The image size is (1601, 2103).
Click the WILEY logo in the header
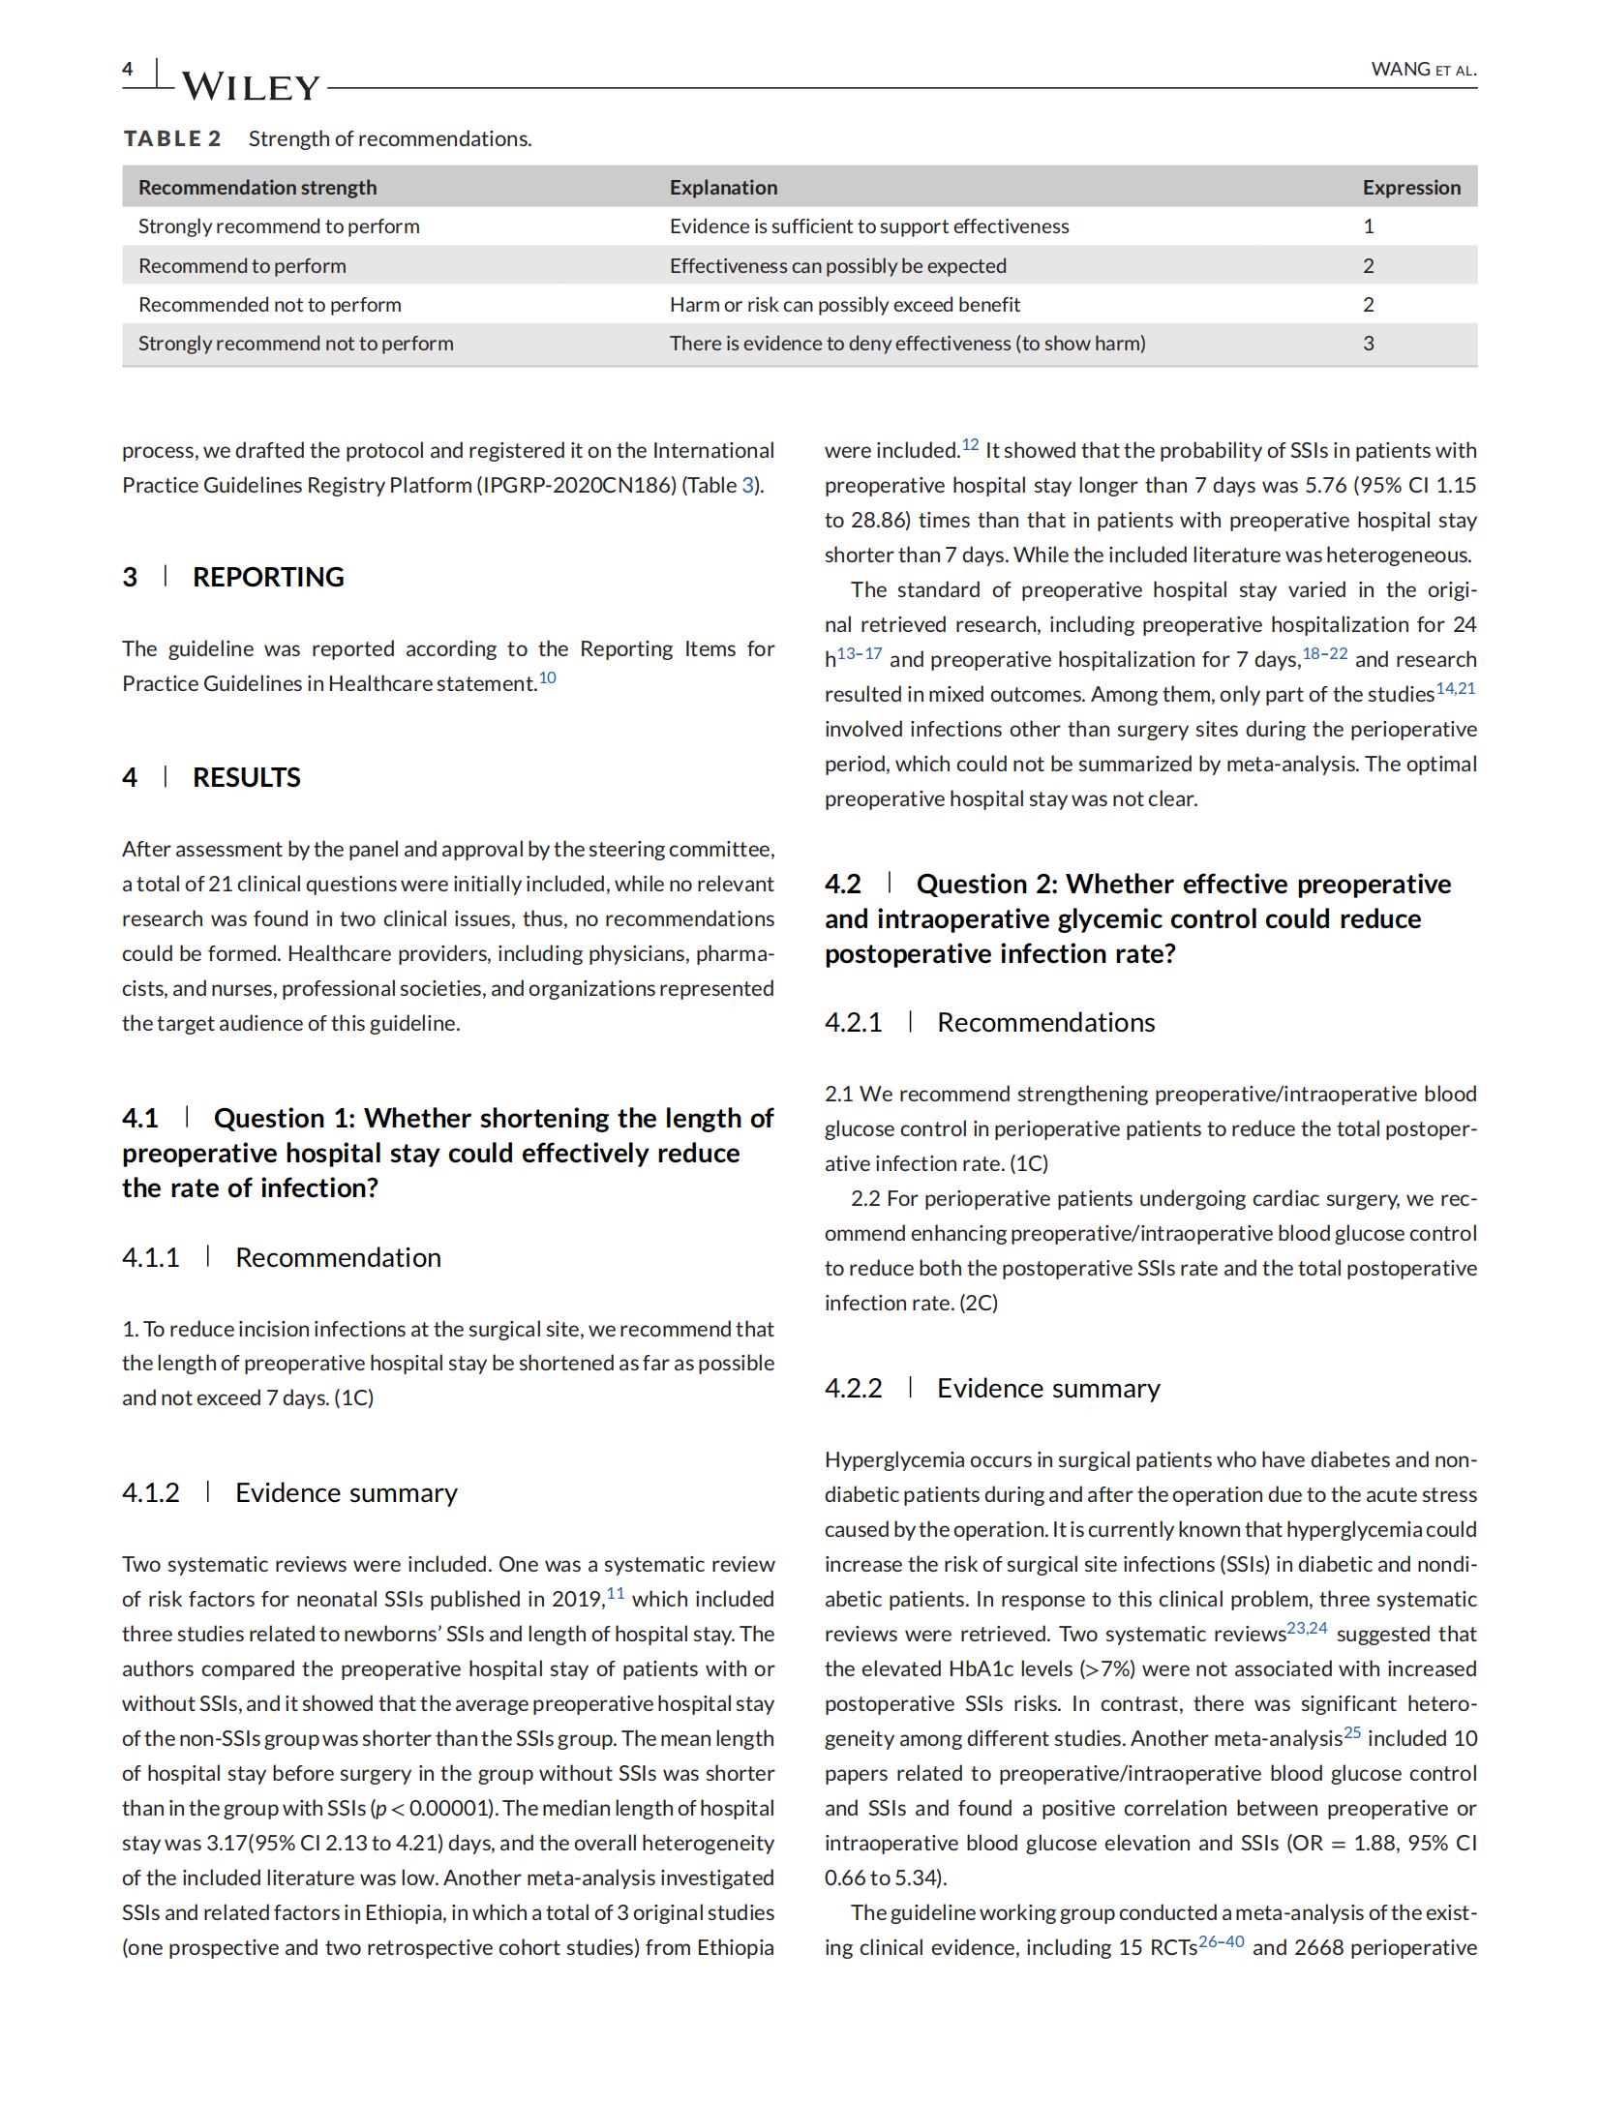tap(250, 87)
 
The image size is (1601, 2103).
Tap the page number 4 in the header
tap(128, 68)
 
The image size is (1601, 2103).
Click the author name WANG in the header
tap(1400, 69)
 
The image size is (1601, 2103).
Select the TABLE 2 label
tap(172, 138)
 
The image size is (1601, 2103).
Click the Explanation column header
tap(723, 188)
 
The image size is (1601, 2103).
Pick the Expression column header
tap(1410, 188)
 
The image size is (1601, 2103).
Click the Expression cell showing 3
tap(1368, 344)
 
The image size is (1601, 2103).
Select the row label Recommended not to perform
tap(269, 305)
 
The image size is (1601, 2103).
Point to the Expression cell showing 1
tap(1368, 226)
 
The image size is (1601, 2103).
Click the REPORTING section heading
tap(268, 577)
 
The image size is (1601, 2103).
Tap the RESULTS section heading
tap(246, 777)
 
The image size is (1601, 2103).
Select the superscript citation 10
tap(548, 677)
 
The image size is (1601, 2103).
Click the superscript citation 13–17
tap(860, 654)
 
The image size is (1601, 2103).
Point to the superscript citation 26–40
tap(1221, 1941)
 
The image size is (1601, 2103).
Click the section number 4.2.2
tap(853, 1388)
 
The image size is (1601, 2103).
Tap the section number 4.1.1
tap(151, 1257)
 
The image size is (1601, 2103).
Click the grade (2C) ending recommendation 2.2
tap(978, 1303)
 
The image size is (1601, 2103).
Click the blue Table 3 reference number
tap(747, 486)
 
